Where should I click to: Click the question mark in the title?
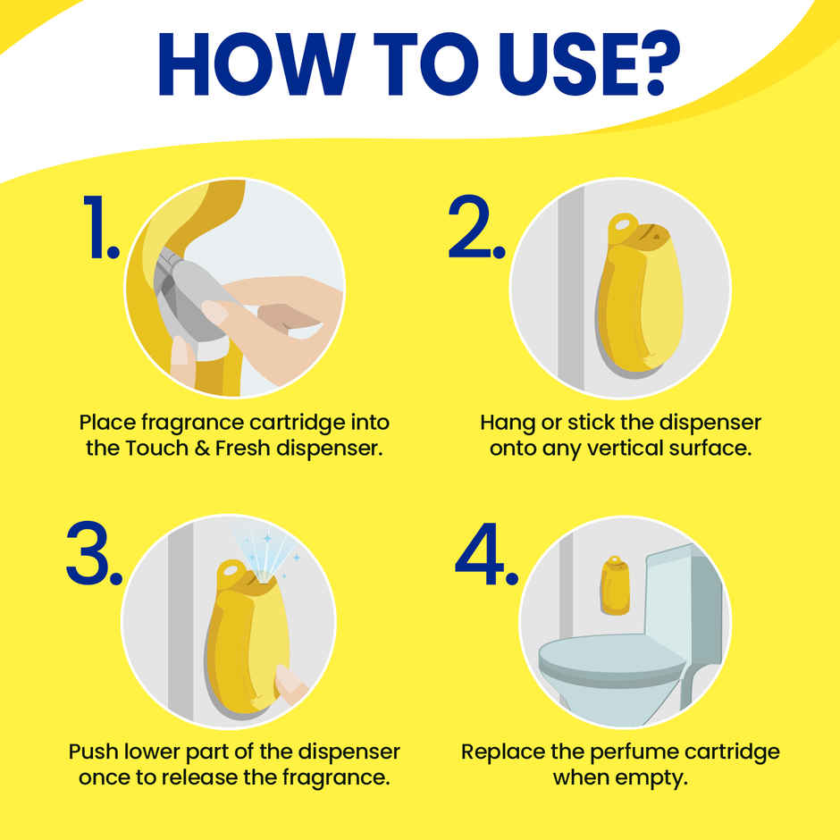pyautogui.click(x=656, y=63)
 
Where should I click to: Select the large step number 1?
pyautogui.click(x=100, y=227)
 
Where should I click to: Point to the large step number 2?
pyautogui.click(x=476, y=227)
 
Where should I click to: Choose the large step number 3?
pyautogui.click(x=95, y=552)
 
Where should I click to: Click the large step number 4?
pyautogui.click(x=486, y=554)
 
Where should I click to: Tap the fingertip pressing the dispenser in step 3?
pyautogui.click(x=289, y=682)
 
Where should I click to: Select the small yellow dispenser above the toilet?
pyautogui.click(x=615, y=585)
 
